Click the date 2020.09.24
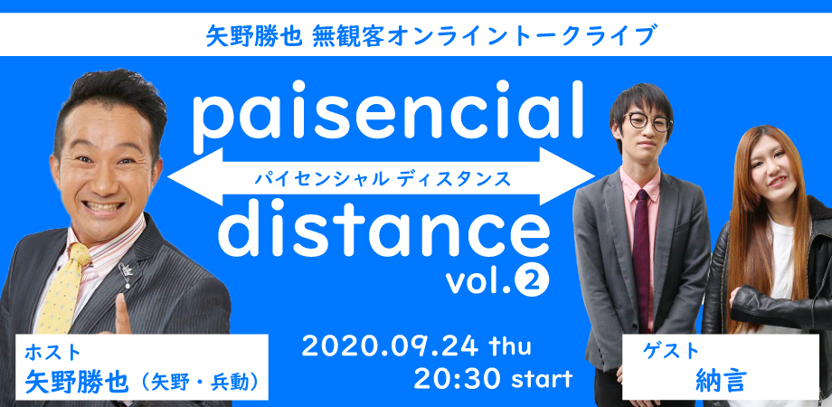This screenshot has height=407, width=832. [x=390, y=347]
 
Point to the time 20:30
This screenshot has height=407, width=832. [x=458, y=378]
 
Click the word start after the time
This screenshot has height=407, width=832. [x=541, y=379]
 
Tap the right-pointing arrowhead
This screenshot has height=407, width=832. [x=567, y=176]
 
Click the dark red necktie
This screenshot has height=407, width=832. [x=642, y=255]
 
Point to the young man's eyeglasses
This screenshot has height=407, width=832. [x=648, y=121]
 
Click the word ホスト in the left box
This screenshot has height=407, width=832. [x=53, y=352]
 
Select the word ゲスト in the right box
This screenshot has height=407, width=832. [x=671, y=351]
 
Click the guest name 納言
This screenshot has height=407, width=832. [x=721, y=379]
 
